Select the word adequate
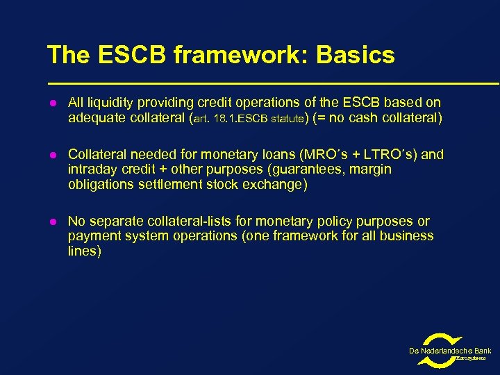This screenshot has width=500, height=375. (95, 118)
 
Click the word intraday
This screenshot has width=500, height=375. (93, 169)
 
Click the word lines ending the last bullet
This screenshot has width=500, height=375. (85, 251)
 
